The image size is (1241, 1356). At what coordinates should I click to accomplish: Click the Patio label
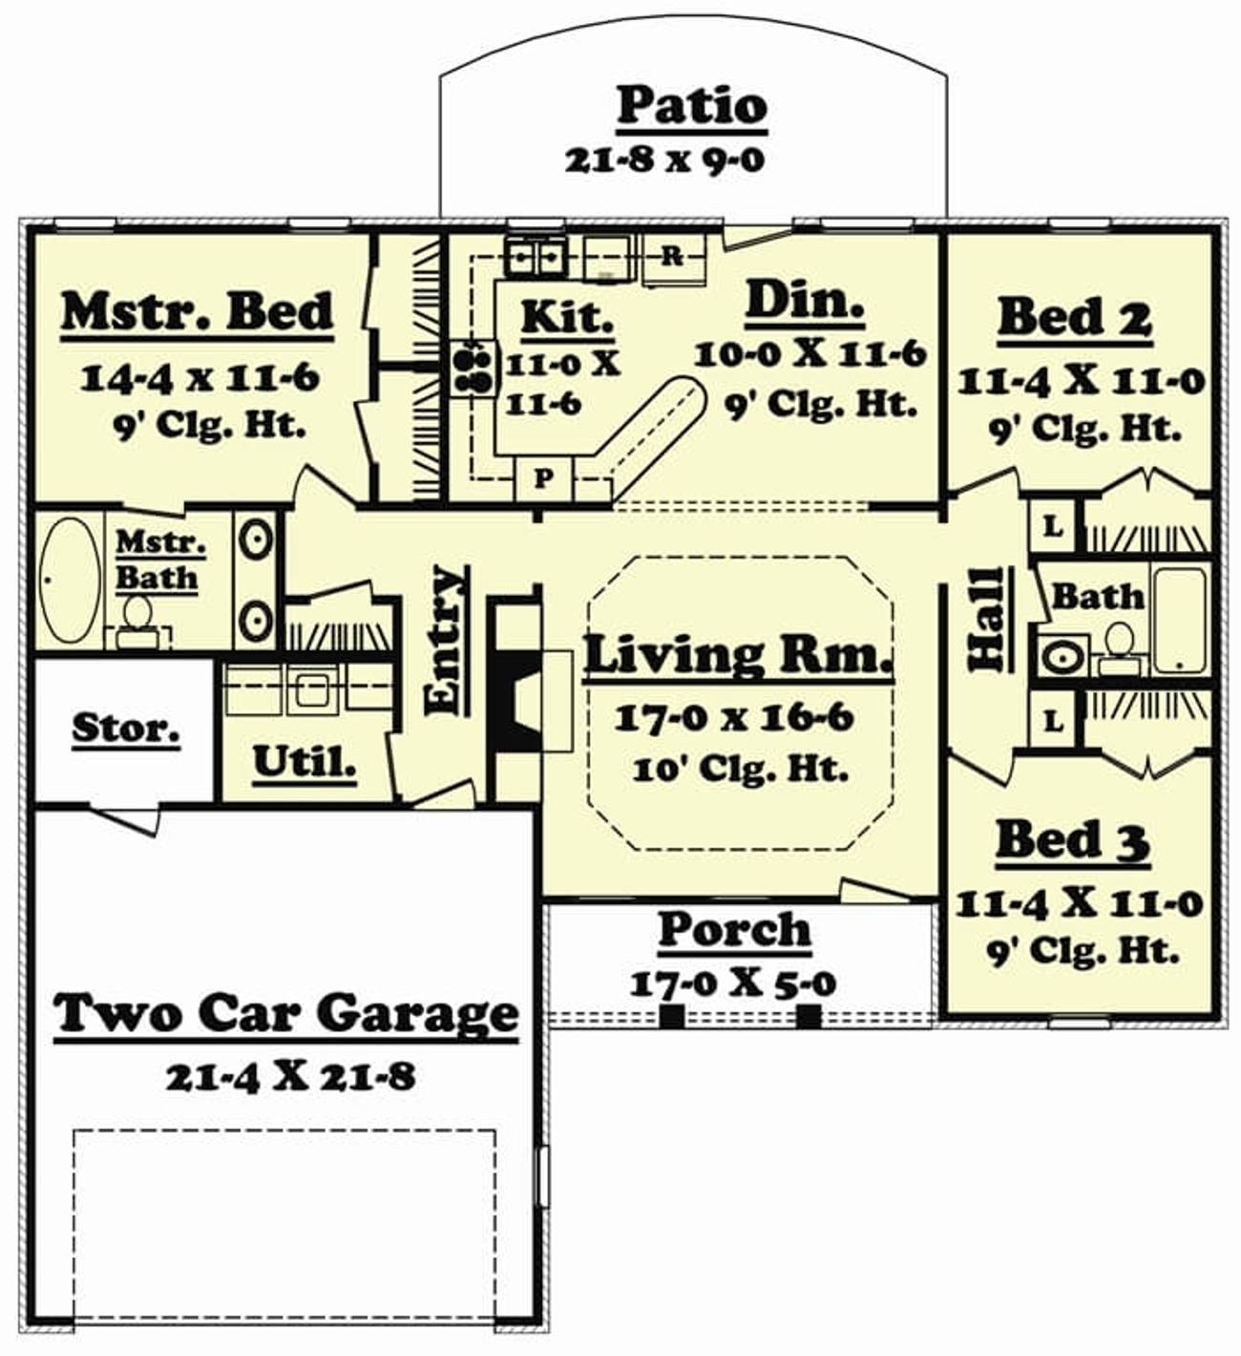pos(691,106)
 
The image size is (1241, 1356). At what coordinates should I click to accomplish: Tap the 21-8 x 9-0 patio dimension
pos(665,160)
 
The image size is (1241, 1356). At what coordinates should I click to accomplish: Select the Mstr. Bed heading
pos(197,312)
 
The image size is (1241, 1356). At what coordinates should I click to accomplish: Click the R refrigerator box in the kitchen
pos(673,257)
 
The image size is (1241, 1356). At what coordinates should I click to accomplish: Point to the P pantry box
pos(543,478)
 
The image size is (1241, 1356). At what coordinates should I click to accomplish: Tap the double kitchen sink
pos(534,256)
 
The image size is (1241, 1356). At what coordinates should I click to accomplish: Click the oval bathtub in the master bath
pos(70,580)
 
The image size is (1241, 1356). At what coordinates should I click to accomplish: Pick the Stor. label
pos(126,728)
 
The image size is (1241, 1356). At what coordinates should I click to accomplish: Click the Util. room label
pos(304,762)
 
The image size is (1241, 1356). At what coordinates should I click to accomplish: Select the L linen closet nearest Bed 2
pos(1052,527)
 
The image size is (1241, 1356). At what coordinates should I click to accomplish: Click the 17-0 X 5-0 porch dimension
pos(733,985)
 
